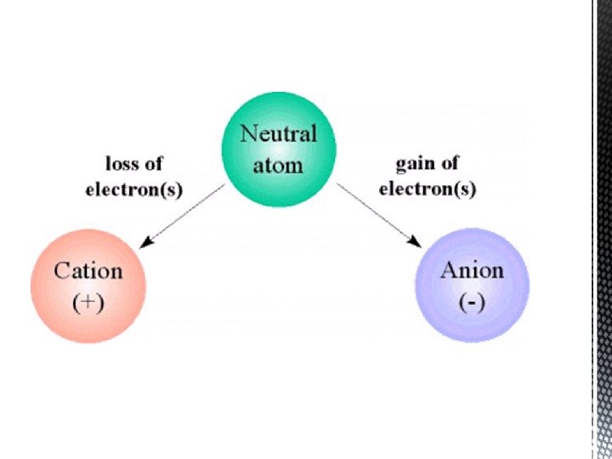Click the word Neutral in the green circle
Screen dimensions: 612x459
tap(278, 133)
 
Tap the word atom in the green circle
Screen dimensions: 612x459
tap(278, 166)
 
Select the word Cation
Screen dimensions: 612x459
tap(88, 271)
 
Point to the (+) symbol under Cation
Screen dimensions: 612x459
tap(88, 303)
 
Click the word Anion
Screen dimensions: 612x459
tap(473, 270)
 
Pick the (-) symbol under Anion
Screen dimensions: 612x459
tap(473, 302)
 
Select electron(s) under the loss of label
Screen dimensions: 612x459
tap(134, 190)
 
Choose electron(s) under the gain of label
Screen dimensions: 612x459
tap(428, 190)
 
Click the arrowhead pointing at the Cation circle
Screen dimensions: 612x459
tap(146, 243)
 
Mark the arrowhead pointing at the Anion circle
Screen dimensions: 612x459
tap(415, 242)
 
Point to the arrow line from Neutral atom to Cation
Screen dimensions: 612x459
tap(182, 216)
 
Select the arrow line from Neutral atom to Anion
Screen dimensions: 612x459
tap(379, 215)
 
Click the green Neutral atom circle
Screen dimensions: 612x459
tap(279, 150)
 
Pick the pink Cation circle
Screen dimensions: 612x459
tap(88, 286)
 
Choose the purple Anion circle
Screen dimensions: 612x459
tap(473, 286)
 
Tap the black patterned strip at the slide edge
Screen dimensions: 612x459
tap(603, 229)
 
